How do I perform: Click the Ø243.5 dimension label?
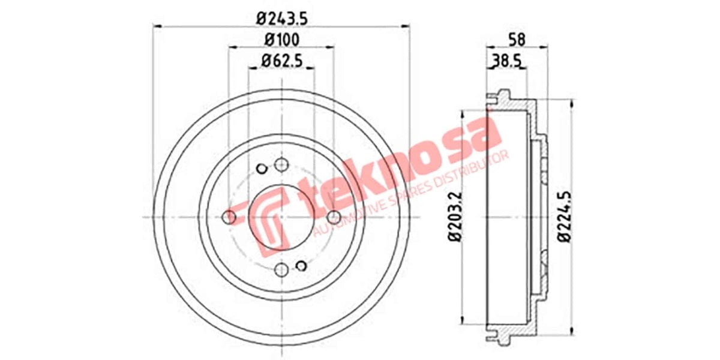pyautogui.click(x=282, y=18)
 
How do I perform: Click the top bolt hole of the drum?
pyautogui.click(x=281, y=164)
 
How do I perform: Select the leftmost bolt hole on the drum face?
pyautogui.click(x=229, y=217)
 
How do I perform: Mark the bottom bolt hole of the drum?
pyautogui.click(x=281, y=269)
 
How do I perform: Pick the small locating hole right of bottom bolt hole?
pyautogui.click(x=302, y=266)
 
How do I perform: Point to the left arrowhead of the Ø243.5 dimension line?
pyautogui.click(x=157, y=26)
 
